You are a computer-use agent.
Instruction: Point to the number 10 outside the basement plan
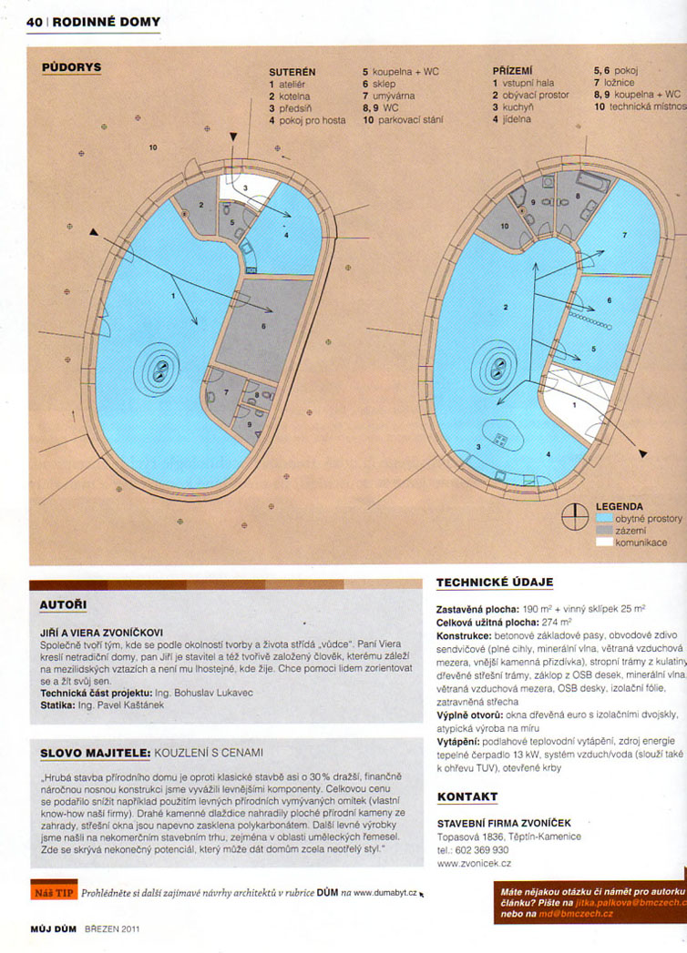152,147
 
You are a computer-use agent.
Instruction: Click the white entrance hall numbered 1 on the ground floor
575,400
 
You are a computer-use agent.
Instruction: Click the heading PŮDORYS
72,67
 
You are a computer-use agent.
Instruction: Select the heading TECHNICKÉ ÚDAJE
494,583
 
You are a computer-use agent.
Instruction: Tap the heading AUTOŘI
65,603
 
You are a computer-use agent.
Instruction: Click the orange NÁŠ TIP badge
53,893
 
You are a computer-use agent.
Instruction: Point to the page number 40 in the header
35,21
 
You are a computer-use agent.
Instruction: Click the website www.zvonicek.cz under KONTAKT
474,863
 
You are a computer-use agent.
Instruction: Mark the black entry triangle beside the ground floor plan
643,452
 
